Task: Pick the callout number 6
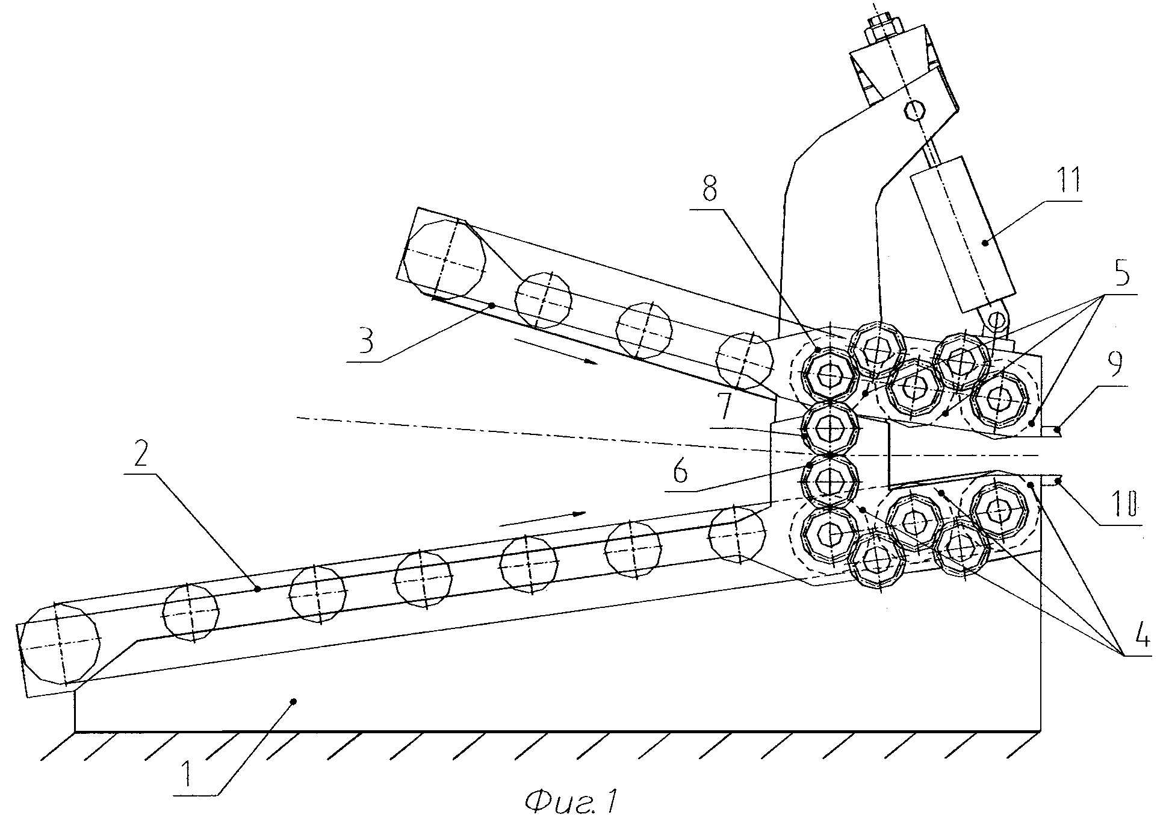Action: pos(681,472)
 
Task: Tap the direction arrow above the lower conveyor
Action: pos(542,519)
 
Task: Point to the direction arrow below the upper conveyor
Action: pos(556,351)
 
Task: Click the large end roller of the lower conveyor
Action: pos(60,645)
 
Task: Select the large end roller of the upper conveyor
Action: pos(445,260)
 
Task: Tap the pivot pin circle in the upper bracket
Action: pos(915,110)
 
